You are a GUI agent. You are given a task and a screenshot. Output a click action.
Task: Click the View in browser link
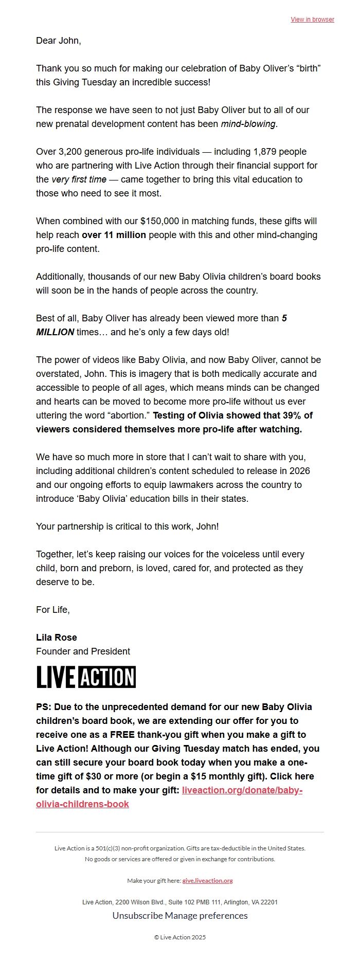point(312,20)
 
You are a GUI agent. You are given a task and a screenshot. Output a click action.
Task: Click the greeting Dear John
point(58,41)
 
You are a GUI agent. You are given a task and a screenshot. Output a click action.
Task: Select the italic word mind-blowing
point(248,124)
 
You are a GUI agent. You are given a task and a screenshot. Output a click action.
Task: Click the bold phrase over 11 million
point(114,235)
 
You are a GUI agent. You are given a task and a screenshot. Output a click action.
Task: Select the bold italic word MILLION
point(55,332)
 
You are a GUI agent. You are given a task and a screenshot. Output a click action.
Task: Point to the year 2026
point(299,471)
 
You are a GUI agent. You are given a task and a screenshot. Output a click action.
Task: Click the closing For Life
point(52,610)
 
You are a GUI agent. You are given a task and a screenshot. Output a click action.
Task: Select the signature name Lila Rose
point(57,638)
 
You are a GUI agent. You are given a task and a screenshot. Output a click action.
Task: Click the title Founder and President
point(83,651)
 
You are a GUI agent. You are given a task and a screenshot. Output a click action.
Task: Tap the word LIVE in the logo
point(56,677)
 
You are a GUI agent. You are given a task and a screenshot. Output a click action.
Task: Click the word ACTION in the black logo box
point(107,677)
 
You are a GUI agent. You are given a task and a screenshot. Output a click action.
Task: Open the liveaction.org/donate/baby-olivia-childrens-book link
point(242,790)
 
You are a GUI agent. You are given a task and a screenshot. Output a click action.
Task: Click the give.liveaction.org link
point(207,881)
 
